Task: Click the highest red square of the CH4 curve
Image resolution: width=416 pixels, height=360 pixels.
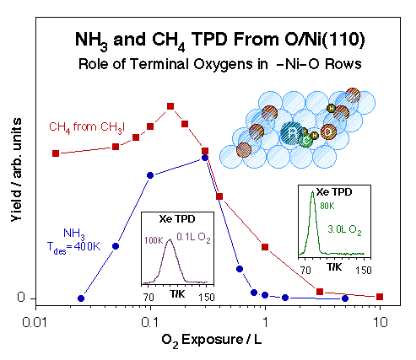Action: [170, 106]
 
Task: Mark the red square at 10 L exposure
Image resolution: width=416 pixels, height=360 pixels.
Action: [380, 297]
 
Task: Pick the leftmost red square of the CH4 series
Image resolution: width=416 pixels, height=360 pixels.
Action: [56, 153]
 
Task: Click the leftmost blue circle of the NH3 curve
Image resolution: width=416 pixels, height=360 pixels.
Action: [81, 298]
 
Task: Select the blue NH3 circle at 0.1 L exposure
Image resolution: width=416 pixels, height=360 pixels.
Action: [150, 175]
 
